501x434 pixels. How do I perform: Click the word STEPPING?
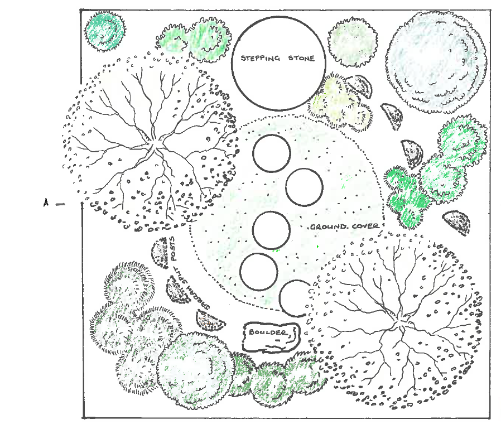(x=260, y=58)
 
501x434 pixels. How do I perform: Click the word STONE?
(x=301, y=58)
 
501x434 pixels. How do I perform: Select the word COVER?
(x=365, y=226)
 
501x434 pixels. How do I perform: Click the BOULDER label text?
(x=268, y=332)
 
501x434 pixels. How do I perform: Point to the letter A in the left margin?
(x=46, y=202)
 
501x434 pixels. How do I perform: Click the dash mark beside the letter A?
(x=60, y=204)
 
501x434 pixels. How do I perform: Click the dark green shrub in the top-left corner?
(x=105, y=31)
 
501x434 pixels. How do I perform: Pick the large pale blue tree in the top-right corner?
(x=436, y=62)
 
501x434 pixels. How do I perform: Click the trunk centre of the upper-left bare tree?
(x=155, y=146)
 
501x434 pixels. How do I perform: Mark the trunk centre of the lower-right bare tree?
(x=399, y=325)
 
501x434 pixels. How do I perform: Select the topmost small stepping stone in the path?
(x=272, y=153)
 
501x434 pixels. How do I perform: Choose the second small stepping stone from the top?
(x=304, y=187)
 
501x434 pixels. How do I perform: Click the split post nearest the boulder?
(x=210, y=321)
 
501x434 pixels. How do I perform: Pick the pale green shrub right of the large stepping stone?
(x=353, y=42)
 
